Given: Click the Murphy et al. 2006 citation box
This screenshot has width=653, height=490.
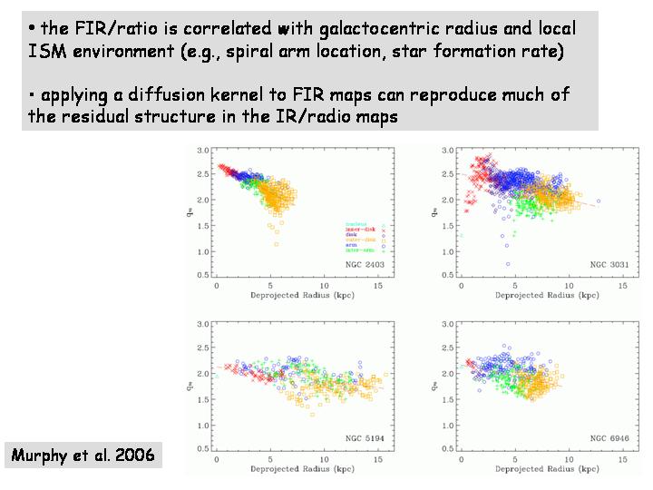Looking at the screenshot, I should click(83, 455).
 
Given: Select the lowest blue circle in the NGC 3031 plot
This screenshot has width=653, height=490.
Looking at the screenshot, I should click(507, 264).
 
